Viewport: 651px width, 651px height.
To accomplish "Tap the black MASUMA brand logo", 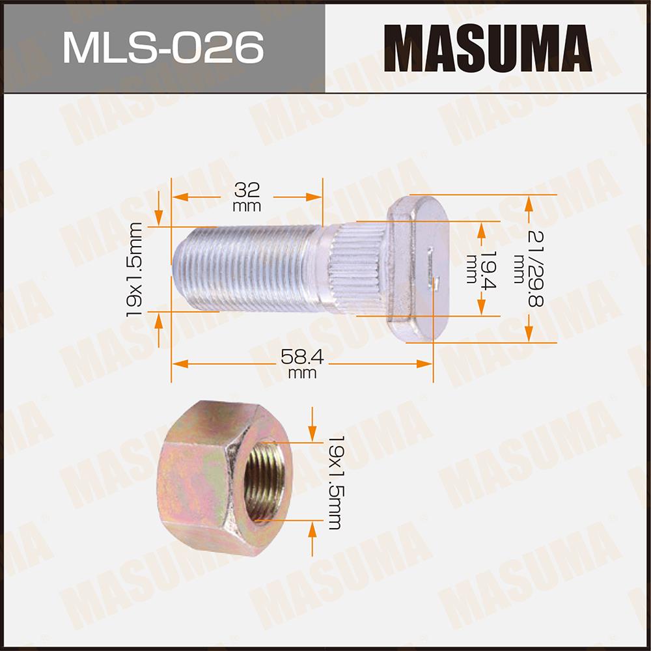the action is (488, 48).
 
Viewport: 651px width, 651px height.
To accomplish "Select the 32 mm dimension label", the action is (247, 197).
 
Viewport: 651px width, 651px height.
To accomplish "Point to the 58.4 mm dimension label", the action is (302, 364).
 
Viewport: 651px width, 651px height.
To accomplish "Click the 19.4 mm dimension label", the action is (481, 268).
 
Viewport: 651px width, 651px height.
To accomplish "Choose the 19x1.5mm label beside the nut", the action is (335, 482).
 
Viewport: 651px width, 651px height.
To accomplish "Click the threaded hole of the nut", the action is (264, 481).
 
